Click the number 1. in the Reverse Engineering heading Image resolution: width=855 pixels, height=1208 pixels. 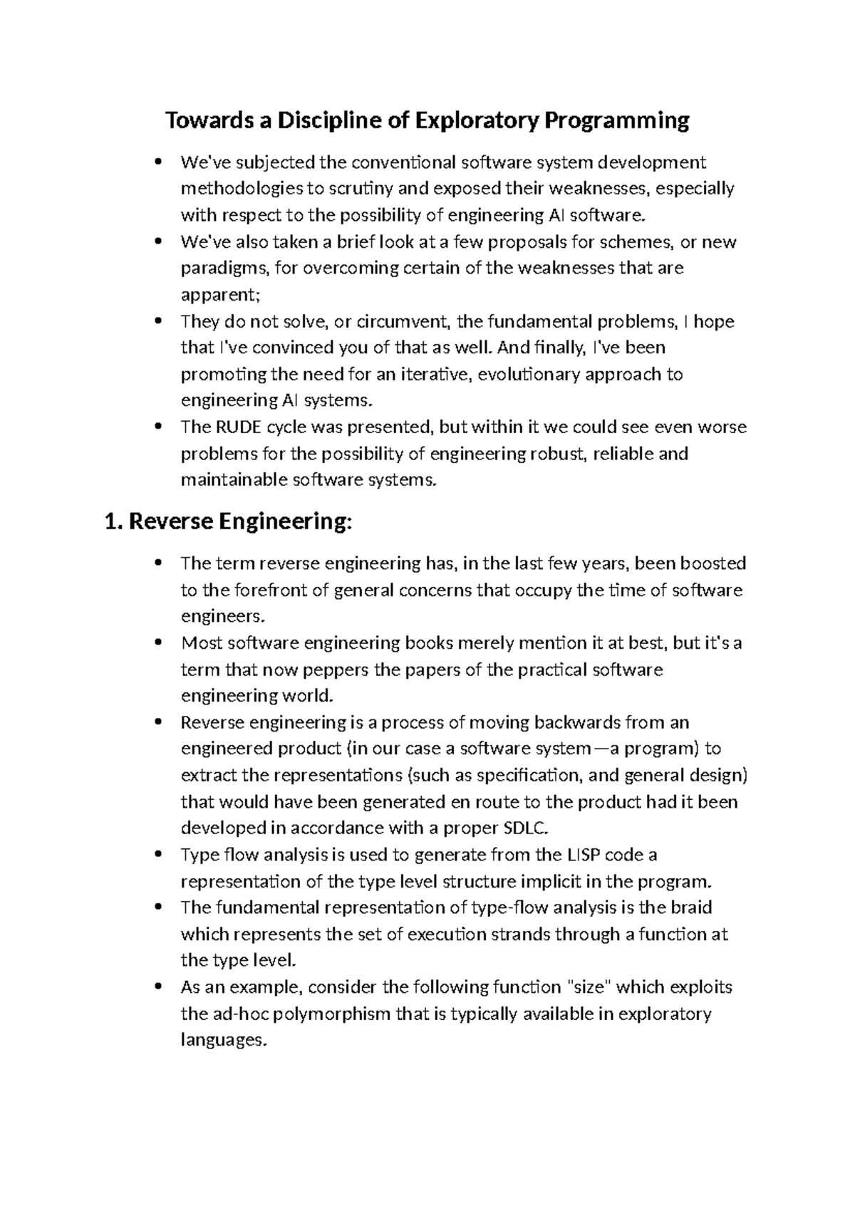tap(115, 522)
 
